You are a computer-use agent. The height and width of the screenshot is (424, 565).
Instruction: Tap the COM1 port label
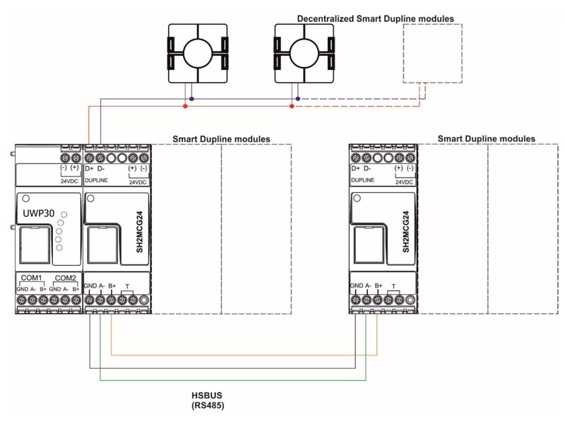[32, 278]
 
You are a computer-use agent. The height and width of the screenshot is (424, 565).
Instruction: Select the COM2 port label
[66, 278]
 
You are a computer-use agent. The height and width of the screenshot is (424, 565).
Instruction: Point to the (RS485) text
[208, 406]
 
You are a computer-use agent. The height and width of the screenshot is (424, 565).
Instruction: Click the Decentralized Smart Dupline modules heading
[375, 18]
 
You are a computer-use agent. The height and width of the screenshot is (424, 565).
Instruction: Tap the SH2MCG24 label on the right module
[405, 232]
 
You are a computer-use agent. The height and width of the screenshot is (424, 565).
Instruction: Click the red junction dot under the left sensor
[186, 107]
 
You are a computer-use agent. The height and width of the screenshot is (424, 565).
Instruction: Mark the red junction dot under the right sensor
[292, 107]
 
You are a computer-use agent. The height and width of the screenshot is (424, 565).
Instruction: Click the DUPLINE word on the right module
[362, 181]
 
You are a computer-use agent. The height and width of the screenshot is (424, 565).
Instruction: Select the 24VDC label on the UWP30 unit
[67, 180]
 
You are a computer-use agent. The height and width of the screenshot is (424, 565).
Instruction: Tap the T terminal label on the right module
[393, 286]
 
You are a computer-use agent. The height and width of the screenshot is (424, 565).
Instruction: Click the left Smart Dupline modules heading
[221, 139]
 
